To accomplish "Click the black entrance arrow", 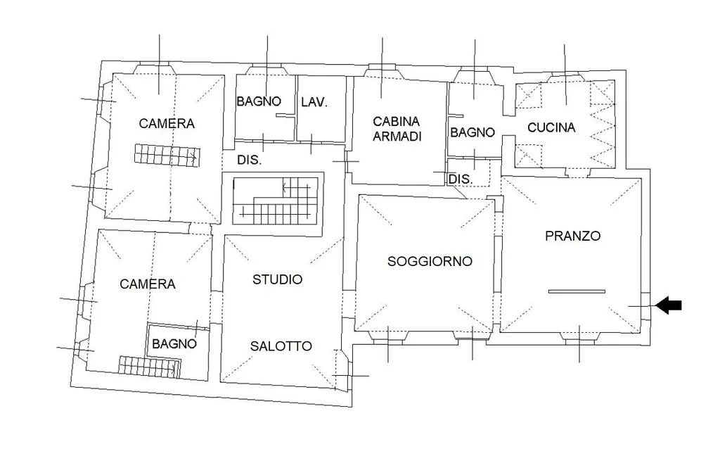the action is point(669,305).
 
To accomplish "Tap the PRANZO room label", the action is point(572,236).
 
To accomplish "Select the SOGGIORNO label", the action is point(430,262).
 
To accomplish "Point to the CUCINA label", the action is point(551,127).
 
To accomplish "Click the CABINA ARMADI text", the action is point(397,129).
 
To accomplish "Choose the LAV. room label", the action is point(314,102).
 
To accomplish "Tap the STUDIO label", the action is point(277,279).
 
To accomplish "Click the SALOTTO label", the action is point(281,346).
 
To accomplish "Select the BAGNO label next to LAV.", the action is point(259,101).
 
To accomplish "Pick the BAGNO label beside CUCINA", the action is point(472,132).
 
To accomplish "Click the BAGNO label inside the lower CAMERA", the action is point(174,343).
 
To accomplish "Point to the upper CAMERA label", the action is point(167,123).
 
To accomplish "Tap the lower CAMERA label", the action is point(148,284).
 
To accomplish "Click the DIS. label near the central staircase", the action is point(250,160).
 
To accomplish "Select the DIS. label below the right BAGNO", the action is point(460,179).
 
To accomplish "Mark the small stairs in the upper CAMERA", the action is point(167,155).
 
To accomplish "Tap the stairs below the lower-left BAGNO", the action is point(150,367).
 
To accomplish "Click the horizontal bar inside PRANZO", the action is point(577,291).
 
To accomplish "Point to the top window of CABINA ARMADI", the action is point(382,71).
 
